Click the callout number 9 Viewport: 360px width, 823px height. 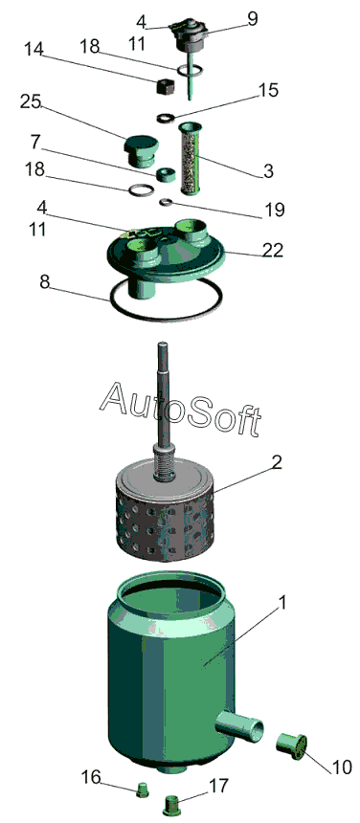coord(253,19)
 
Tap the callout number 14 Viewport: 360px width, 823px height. coord(33,49)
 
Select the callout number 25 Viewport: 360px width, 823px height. coord(31,101)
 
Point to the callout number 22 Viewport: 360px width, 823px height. coord(273,250)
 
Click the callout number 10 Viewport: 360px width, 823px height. coord(341,767)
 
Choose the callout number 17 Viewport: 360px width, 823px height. coord(218,786)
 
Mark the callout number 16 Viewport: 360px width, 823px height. coord(91,776)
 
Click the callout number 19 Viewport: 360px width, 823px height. coord(275,210)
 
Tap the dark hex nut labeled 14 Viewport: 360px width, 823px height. coord(165,85)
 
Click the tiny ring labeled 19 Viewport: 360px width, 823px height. coord(166,201)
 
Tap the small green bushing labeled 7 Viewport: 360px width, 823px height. coord(167,175)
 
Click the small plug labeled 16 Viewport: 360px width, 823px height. coord(143,790)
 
